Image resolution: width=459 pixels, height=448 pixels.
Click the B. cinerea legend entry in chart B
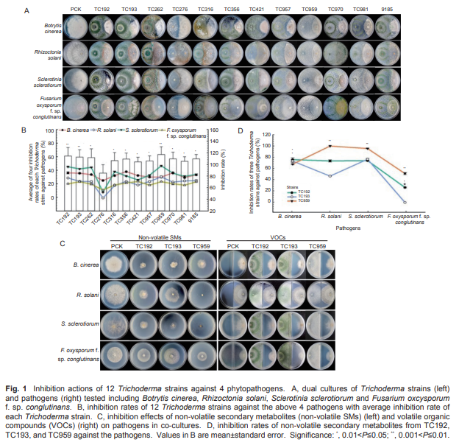click(x=77, y=133)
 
